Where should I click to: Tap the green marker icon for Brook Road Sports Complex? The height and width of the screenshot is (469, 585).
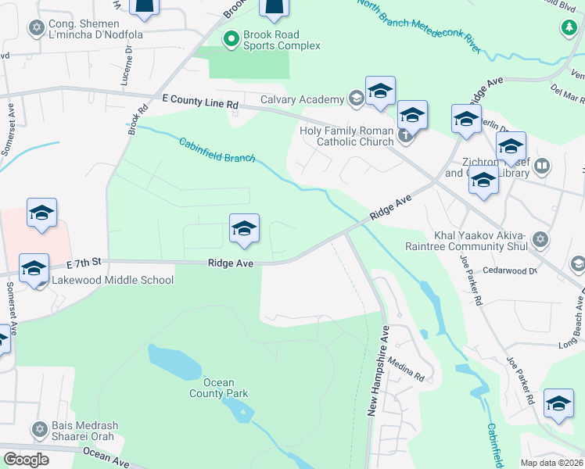231,38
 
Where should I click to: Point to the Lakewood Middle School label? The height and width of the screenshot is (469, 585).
113,280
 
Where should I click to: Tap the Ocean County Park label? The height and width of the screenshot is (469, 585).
219,388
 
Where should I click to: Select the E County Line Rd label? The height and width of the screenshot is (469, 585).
199,103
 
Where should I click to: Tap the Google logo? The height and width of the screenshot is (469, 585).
26,459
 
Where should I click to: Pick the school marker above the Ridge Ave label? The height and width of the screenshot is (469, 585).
244,229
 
